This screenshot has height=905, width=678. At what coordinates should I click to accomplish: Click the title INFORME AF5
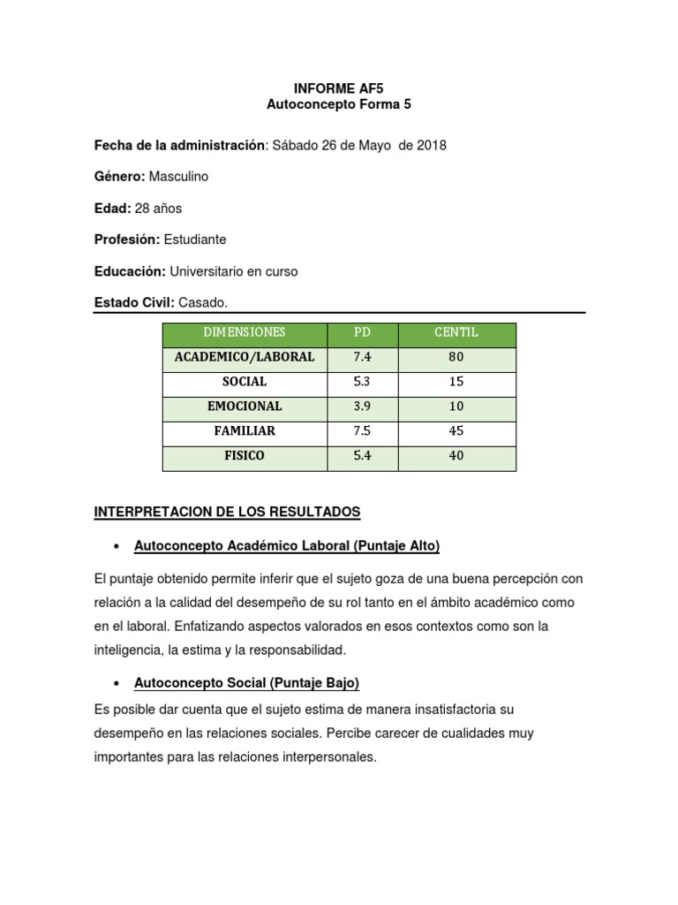click(x=339, y=88)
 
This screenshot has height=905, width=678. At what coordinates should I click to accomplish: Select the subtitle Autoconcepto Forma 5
click(x=339, y=104)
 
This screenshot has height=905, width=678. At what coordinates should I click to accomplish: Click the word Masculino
click(x=178, y=177)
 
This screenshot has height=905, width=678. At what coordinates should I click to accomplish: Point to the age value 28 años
click(x=158, y=209)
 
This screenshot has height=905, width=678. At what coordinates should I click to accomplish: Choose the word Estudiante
click(x=195, y=240)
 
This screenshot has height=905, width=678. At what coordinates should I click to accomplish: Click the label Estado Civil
click(x=134, y=303)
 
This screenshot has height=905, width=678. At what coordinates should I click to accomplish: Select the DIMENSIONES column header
click(x=245, y=333)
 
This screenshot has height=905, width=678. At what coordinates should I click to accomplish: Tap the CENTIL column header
click(x=456, y=333)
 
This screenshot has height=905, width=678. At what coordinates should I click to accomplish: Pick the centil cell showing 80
click(x=456, y=358)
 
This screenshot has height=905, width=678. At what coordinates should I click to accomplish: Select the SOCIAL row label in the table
click(x=245, y=383)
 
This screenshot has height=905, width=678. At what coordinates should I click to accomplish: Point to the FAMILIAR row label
click(x=245, y=432)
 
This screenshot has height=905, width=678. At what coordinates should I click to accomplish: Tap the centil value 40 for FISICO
click(x=456, y=457)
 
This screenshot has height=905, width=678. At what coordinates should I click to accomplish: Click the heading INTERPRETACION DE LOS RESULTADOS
click(x=227, y=513)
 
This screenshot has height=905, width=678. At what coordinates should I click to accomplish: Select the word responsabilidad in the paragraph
click(x=299, y=650)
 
